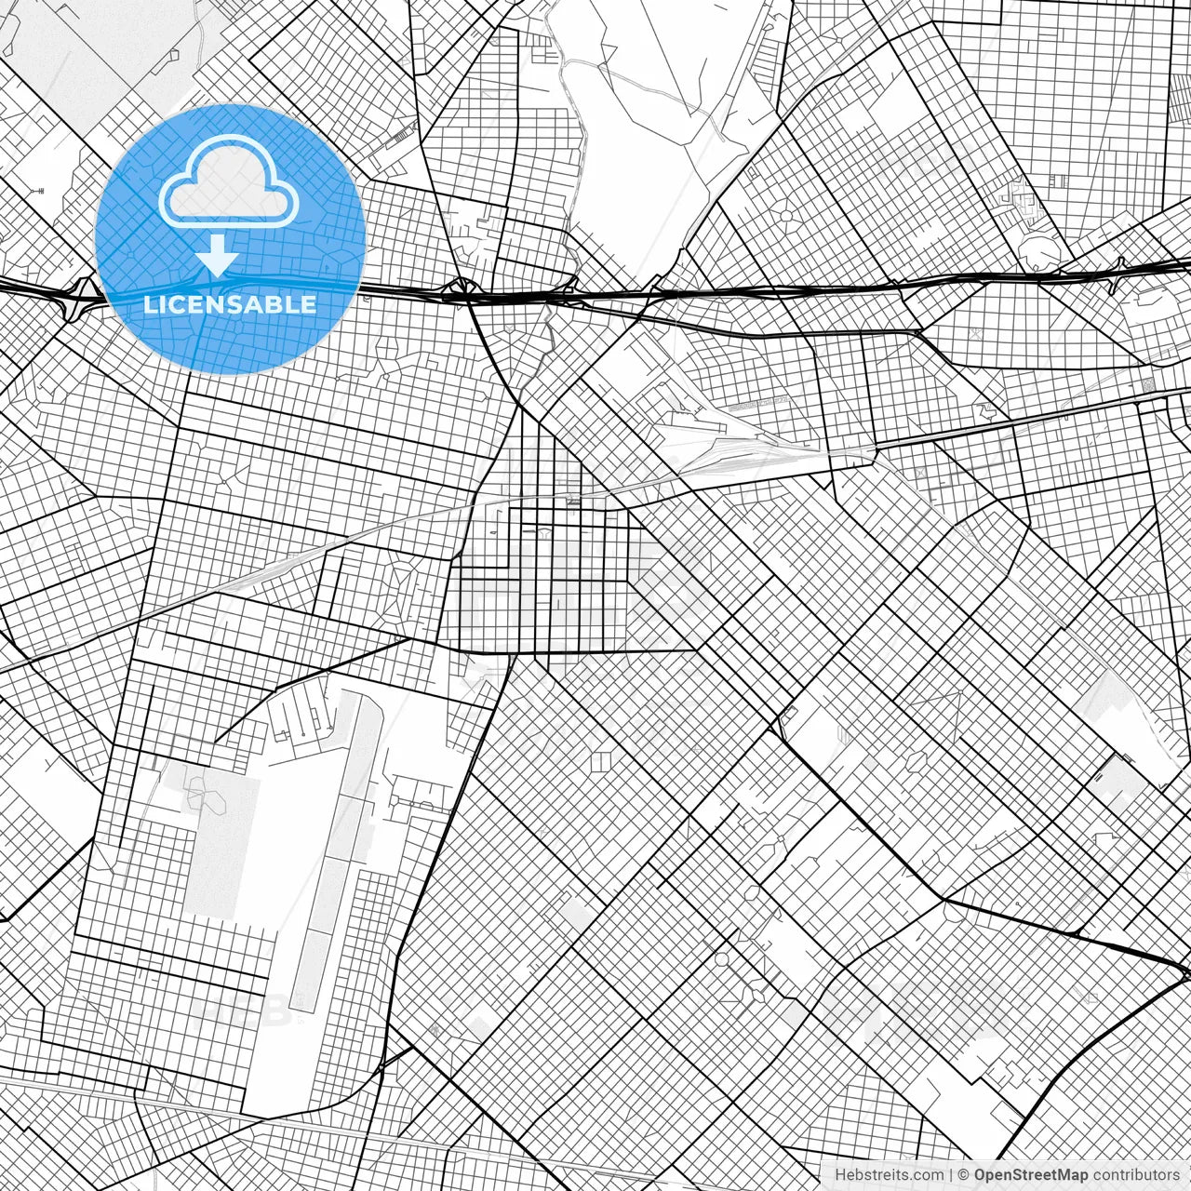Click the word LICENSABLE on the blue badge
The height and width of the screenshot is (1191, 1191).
230,304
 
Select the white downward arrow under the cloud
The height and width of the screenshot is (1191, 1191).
218,256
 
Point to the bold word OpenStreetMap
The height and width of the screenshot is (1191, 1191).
1031,1175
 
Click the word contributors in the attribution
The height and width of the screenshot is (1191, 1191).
1136,1175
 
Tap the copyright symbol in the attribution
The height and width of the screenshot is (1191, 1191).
964,1175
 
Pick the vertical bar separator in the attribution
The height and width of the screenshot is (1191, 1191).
950,1175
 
